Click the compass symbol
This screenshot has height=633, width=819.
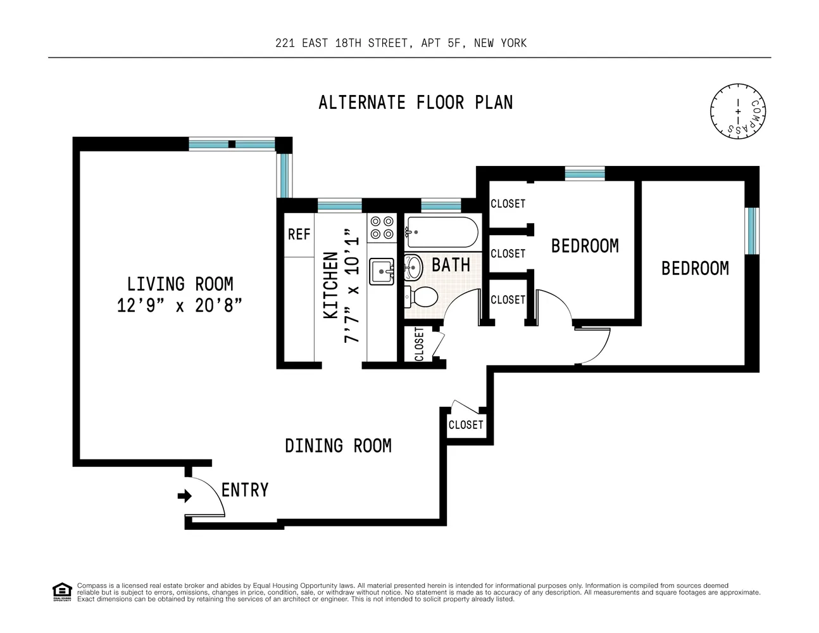tap(738, 110)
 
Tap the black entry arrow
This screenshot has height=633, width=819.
tap(184, 496)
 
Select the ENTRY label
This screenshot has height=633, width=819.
tap(245, 490)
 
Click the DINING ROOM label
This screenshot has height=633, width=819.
tap(338, 446)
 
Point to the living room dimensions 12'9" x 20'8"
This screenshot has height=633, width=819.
tap(179, 305)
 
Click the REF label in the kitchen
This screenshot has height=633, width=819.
tap(299, 234)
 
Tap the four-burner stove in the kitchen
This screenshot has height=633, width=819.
tap(382, 227)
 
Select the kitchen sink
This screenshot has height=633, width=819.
tap(382, 271)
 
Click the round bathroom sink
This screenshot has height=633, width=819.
tap(413, 267)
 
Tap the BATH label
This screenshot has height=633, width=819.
tap(451, 265)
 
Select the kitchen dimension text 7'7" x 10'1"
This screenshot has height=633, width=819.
tap(351, 286)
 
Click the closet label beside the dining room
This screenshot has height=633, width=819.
tap(465, 425)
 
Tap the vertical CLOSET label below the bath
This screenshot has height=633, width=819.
tap(419, 344)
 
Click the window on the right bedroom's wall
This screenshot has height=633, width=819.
tap(751, 230)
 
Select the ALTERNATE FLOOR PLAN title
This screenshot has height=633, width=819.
tap(415, 103)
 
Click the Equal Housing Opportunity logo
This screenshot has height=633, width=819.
tap(61, 592)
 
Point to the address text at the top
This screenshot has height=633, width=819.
tap(401, 43)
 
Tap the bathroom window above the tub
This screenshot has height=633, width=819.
tap(441, 205)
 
